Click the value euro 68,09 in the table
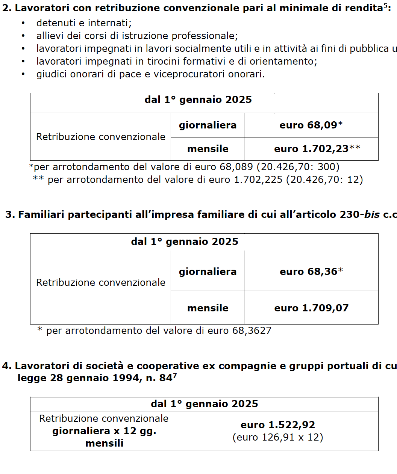point(308,125)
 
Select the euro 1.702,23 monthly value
point(311,149)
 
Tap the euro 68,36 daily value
point(309,272)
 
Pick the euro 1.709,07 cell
point(311,308)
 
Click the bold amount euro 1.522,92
point(278,425)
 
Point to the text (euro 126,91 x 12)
point(278,437)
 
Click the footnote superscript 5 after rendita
point(385,6)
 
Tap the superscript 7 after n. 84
point(175,375)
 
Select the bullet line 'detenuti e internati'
point(84,23)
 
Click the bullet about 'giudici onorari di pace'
point(150,74)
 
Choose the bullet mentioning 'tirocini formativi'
point(177,62)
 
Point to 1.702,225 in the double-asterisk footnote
point(258,180)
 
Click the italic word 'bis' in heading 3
point(372,214)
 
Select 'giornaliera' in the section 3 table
point(208,272)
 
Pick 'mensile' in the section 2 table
point(208,149)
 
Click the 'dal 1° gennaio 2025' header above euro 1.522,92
point(204,404)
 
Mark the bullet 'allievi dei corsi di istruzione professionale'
point(137,36)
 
